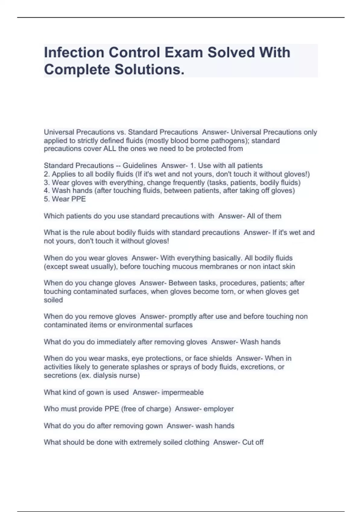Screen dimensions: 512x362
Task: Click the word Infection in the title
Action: (x=74, y=52)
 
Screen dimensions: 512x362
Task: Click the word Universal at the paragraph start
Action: (x=59, y=132)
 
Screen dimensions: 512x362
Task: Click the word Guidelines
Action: (x=140, y=166)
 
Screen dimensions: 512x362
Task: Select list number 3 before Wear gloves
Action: (x=46, y=183)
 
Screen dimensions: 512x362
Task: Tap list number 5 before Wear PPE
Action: (x=46, y=199)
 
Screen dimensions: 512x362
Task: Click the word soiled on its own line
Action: (x=53, y=300)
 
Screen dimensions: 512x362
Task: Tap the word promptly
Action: (x=183, y=317)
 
